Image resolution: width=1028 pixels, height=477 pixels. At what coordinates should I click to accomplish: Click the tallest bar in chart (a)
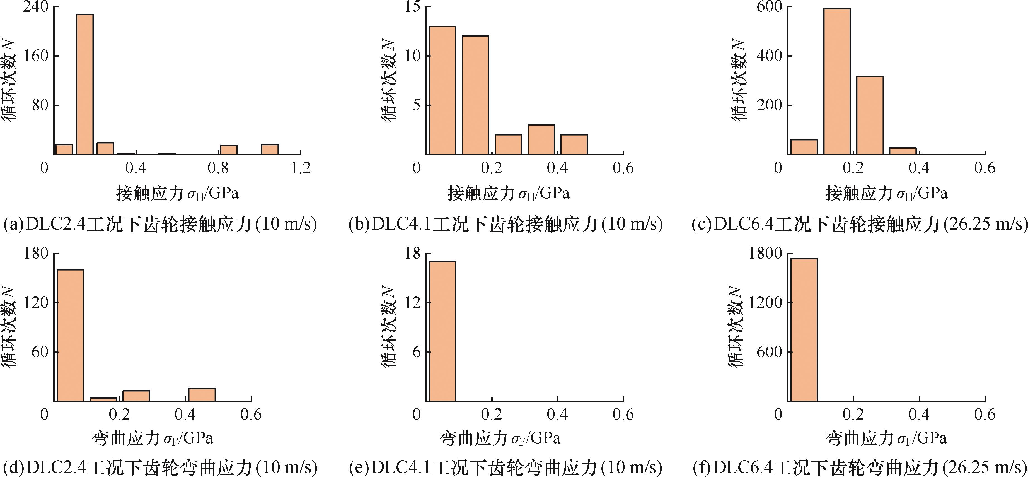(x=84, y=84)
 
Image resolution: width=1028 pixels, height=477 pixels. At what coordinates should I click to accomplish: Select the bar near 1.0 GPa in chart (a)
(x=270, y=149)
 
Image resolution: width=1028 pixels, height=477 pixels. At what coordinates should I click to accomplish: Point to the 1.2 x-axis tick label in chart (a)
(x=301, y=168)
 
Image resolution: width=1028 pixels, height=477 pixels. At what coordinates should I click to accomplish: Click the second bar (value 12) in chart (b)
(x=475, y=95)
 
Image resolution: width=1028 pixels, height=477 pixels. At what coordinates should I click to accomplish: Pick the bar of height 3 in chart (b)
(x=541, y=140)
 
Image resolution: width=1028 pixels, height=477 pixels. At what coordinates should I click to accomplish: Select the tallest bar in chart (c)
(x=837, y=81)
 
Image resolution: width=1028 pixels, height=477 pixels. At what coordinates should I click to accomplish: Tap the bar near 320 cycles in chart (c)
(x=870, y=115)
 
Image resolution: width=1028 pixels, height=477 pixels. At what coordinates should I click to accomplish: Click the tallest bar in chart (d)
(x=70, y=335)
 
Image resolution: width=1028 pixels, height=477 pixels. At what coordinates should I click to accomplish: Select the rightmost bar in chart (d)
(x=202, y=394)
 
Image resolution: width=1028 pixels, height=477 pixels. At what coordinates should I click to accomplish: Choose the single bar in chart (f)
(x=804, y=330)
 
